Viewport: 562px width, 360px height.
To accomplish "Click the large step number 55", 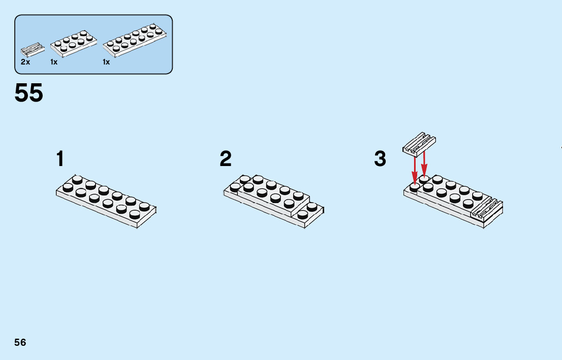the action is pyautogui.click(x=29, y=93).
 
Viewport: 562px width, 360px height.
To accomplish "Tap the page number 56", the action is pyautogui.click(x=20, y=342).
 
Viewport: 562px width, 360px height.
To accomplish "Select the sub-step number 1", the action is pyautogui.click(x=60, y=159).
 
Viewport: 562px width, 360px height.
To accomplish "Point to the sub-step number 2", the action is pyautogui.click(x=226, y=159).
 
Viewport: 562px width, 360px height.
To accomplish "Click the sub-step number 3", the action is pyautogui.click(x=380, y=159).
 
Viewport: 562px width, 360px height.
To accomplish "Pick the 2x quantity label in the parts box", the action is pyautogui.click(x=25, y=62).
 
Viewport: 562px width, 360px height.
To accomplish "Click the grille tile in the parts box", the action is pyautogui.click(x=32, y=50).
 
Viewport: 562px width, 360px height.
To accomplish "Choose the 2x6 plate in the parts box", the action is pyautogui.click(x=135, y=40).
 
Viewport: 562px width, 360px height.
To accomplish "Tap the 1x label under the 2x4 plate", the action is pyautogui.click(x=54, y=62).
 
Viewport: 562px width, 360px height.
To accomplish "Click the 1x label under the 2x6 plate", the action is pyautogui.click(x=106, y=62).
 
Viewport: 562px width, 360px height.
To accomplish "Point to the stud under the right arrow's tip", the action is pyautogui.click(x=424, y=179).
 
